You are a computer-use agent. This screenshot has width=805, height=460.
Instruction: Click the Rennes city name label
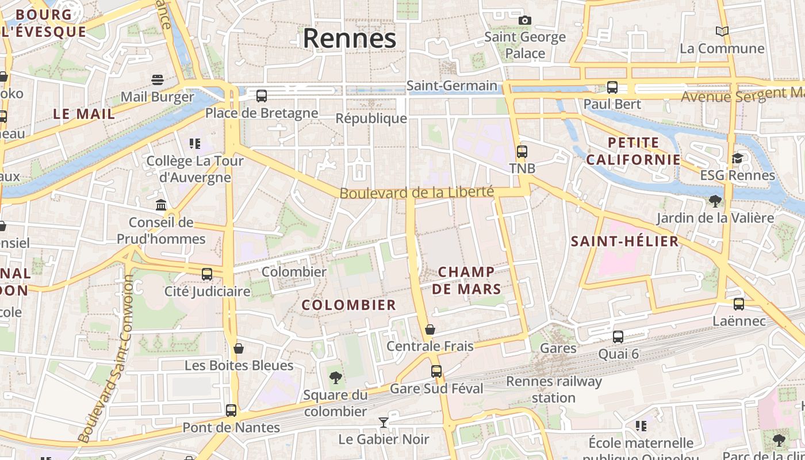coord(350,39)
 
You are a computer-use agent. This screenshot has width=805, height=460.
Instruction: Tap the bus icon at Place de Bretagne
coord(262,96)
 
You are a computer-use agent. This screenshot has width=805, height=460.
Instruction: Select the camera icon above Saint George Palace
coord(524,21)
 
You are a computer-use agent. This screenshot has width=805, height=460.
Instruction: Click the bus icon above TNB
coord(522,152)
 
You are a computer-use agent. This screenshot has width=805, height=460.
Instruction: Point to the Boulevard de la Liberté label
coord(416,193)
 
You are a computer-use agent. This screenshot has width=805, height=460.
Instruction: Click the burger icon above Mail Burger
coord(158,79)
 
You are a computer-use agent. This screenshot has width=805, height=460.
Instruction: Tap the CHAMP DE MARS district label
coord(466,280)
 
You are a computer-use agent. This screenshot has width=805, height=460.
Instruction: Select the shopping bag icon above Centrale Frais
coord(430,329)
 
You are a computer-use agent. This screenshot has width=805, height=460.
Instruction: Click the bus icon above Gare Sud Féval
coord(436,371)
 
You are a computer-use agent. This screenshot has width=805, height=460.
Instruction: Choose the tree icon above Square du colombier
coord(336,378)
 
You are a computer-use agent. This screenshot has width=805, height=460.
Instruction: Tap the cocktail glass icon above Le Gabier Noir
coord(384,423)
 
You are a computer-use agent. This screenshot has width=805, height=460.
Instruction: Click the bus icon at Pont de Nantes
coord(231,411)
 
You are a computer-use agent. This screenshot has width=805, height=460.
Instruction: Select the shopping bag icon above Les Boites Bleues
coord(239,348)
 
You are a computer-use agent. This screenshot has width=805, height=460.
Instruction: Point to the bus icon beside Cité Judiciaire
coord(207,274)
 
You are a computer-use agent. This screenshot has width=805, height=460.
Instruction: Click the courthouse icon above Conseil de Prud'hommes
coord(161,205)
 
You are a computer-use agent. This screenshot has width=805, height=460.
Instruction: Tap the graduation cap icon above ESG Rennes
coord(737,158)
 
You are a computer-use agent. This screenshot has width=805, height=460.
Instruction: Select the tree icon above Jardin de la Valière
coord(715,201)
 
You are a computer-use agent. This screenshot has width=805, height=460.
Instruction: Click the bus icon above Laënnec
coord(739,304)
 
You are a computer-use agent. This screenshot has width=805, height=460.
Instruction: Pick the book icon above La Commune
coord(722,31)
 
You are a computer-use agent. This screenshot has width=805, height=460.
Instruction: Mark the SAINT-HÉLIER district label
coord(624,241)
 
